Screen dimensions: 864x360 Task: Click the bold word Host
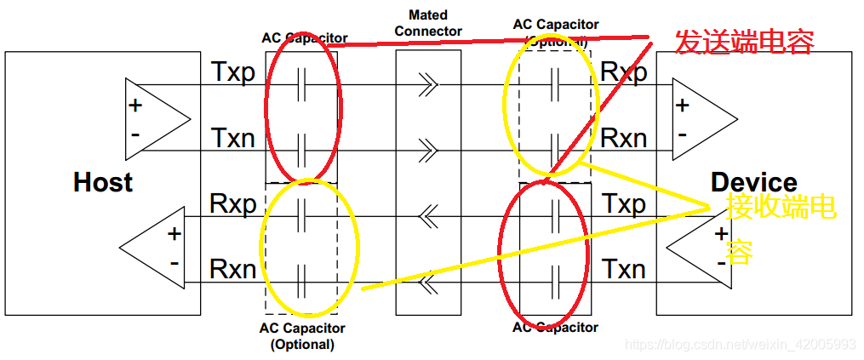tap(103, 182)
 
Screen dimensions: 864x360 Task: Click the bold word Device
tap(753, 182)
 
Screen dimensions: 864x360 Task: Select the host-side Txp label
tap(233, 73)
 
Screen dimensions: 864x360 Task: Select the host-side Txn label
tap(233, 137)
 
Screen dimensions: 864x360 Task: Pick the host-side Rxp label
tap(233, 204)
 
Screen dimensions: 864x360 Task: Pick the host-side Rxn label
tap(233, 270)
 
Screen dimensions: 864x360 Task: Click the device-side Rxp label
tap(624, 73)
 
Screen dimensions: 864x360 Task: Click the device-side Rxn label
tap(624, 137)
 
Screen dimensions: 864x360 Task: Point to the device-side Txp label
tap(624, 204)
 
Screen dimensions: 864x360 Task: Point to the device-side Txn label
tap(624, 270)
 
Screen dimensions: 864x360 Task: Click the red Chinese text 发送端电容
tap(744, 42)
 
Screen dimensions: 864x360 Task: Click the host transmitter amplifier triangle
tap(154, 118)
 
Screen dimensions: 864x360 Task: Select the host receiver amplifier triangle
tap(154, 247)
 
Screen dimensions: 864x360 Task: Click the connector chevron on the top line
tap(428, 85)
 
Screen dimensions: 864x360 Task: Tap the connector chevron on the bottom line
tap(428, 281)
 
